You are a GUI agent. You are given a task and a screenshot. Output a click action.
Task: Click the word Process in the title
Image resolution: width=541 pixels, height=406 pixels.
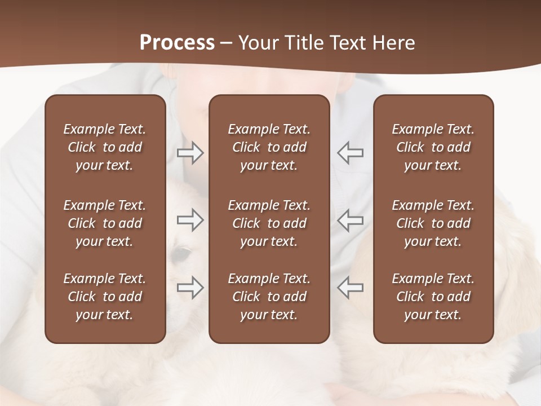click(177, 42)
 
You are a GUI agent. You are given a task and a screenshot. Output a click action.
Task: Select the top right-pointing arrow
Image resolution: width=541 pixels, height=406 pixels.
click(190, 153)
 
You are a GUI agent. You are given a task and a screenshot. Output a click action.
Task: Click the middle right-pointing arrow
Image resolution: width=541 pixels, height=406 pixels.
click(190, 220)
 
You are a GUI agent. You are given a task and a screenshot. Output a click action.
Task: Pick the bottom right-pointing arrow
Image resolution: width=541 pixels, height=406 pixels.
click(190, 288)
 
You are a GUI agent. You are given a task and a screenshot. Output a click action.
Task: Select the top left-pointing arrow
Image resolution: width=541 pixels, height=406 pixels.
click(351, 153)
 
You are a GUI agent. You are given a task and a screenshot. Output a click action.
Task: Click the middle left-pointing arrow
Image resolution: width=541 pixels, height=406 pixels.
click(351, 220)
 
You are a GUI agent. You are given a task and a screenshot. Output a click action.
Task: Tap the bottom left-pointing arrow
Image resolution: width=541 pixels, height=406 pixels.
click(351, 288)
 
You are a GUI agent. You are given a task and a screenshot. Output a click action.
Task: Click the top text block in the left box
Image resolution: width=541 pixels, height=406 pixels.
click(105, 147)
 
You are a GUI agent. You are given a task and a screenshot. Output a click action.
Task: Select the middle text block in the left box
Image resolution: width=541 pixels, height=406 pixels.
click(105, 223)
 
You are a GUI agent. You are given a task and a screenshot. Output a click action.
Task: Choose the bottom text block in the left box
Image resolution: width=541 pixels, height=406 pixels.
click(105, 297)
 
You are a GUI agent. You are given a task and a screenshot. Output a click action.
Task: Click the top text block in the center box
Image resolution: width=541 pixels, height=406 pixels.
click(269, 147)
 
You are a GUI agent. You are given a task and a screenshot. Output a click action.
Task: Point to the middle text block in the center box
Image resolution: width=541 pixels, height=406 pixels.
click(269, 223)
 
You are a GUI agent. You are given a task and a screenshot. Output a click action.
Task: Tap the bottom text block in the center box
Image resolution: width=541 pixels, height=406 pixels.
click(269, 297)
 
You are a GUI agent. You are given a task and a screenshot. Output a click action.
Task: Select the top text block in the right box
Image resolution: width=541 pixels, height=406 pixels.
click(433, 147)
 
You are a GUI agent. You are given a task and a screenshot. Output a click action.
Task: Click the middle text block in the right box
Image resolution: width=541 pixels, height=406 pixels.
click(433, 223)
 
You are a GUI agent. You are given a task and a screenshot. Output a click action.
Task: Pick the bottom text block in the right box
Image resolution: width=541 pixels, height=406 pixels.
click(433, 297)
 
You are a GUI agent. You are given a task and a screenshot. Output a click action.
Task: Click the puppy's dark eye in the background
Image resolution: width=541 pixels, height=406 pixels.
click(181, 255)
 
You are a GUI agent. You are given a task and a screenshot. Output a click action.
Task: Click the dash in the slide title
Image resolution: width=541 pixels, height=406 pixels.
click(227, 43)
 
